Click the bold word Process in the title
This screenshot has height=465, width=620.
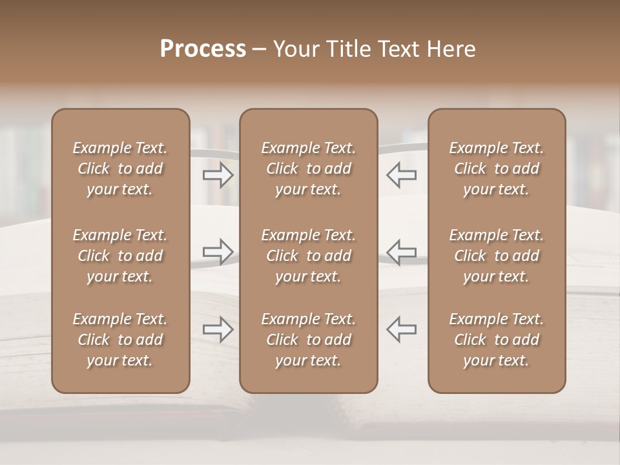click(203, 49)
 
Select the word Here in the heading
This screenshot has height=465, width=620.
click(451, 49)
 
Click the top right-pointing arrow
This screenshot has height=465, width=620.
click(218, 174)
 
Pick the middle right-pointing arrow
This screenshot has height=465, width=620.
click(218, 251)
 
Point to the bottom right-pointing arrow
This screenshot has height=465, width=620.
click(218, 329)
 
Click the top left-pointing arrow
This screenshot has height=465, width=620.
click(401, 174)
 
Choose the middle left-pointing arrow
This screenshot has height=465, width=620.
click(401, 251)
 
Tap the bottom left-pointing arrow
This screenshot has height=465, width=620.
click(401, 329)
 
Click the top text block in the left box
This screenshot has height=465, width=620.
click(120, 169)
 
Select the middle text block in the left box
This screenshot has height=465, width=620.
click(120, 256)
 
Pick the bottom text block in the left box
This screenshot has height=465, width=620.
click(120, 340)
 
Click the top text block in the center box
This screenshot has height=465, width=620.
click(308, 169)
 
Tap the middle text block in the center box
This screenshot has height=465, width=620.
click(308, 256)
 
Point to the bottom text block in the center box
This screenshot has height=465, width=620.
click(308, 340)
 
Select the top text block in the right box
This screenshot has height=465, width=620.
click(497, 169)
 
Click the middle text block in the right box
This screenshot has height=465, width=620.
click(497, 256)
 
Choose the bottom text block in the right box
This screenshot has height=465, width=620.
click(497, 340)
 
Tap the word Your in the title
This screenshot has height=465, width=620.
click(294, 49)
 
